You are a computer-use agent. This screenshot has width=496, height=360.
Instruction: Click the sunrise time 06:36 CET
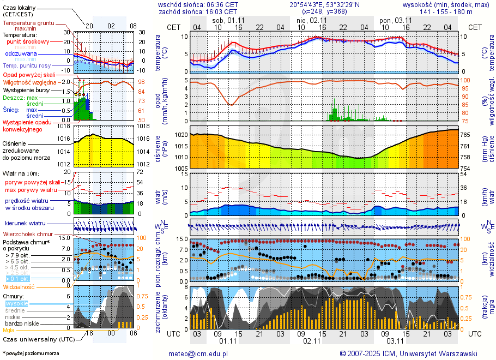[222, 4]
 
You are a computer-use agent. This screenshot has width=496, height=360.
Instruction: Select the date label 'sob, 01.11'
[228, 20]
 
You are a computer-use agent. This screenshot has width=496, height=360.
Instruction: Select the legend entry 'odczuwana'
[21, 54]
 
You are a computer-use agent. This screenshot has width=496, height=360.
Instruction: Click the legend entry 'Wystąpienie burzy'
[26, 89]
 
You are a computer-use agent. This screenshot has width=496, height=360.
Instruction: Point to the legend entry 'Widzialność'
[19, 286]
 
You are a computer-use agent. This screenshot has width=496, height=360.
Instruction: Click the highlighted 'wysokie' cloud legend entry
[16, 303]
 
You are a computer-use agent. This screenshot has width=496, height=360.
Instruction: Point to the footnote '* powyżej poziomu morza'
[31, 353]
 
